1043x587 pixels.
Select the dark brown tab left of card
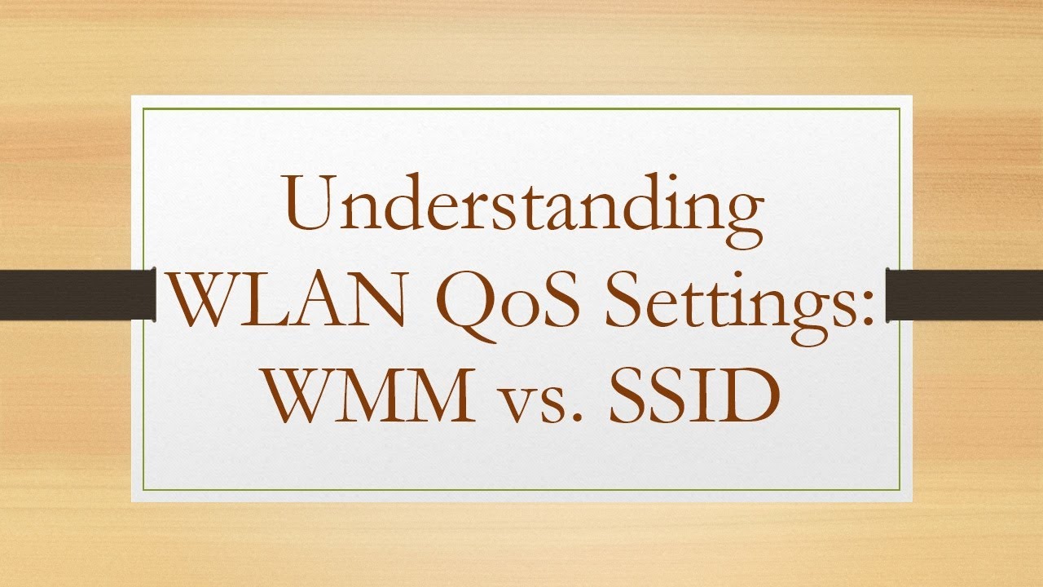(77, 294)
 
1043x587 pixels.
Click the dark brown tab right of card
(965, 294)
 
